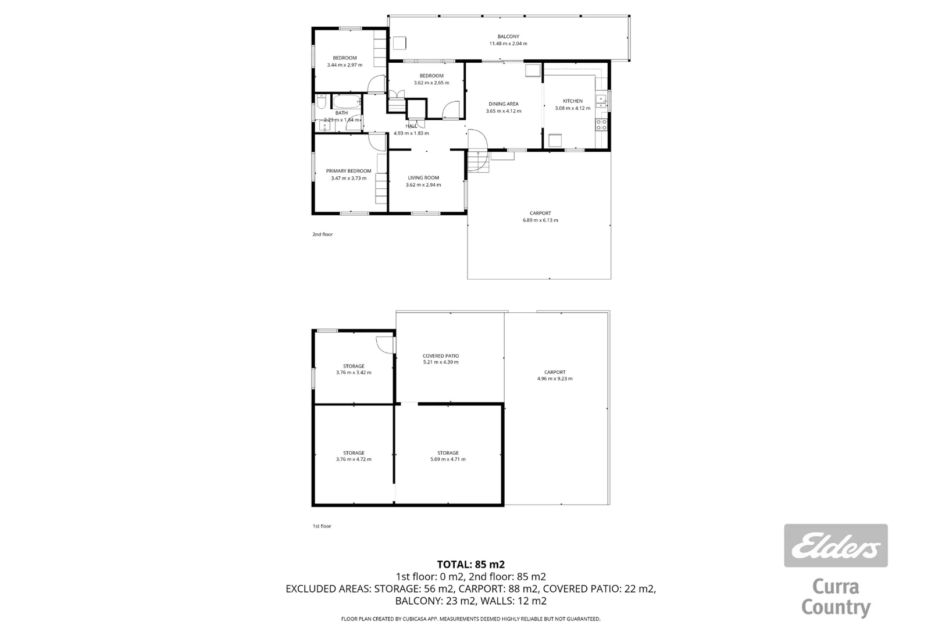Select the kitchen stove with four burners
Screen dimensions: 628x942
coord(601,124)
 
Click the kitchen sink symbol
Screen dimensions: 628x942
coord(601,102)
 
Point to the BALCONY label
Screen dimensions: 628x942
coord(508,37)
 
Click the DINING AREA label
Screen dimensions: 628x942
coord(504,104)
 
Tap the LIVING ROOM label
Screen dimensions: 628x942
coord(423,178)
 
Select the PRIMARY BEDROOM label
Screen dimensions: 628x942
coord(348,171)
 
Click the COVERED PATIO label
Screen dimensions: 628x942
coord(441,356)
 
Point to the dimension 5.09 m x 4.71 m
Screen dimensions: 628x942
coord(448,459)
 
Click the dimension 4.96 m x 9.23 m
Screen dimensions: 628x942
coord(555,379)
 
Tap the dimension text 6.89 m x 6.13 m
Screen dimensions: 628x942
coord(540,220)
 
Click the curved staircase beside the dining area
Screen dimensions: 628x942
coord(478,151)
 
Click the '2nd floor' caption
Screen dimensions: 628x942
coord(323,234)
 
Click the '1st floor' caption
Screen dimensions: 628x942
coord(322,526)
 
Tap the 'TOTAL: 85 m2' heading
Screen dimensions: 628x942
coord(470,564)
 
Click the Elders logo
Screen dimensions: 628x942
coord(836,545)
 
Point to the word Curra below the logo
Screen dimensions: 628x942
coord(836,587)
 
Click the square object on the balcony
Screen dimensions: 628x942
coord(399,43)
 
